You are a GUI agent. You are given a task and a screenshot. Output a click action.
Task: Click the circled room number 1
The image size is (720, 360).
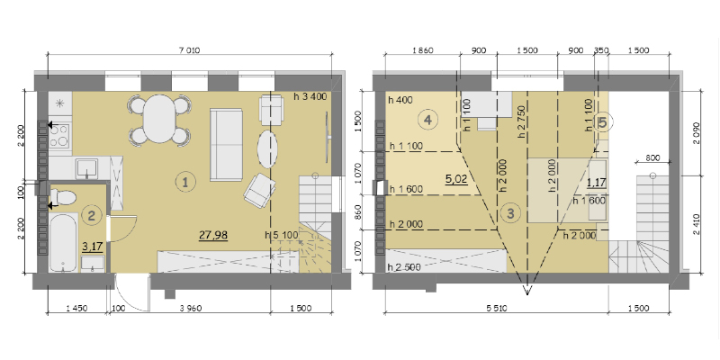(x=185, y=182)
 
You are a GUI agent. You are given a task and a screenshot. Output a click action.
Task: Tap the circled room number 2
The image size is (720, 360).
(x=92, y=215)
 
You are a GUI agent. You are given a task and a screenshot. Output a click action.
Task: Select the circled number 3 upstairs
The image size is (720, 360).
(x=510, y=212)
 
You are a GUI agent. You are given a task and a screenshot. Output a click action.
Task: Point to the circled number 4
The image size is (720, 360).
(x=427, y=121)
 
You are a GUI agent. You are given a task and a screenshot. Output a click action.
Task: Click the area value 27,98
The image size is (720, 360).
(x=213, y=235)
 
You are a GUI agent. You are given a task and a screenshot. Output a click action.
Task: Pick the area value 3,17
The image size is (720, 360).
(x=93, y=247)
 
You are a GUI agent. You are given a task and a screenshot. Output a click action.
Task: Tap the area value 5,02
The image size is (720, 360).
(x=456, y=178)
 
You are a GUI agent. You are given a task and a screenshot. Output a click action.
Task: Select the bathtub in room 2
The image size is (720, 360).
(x=62, y=242)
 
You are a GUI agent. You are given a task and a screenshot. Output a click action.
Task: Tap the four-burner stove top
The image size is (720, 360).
(x=59, y=136)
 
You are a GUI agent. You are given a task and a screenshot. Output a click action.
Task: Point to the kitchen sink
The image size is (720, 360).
(x=86, y=167)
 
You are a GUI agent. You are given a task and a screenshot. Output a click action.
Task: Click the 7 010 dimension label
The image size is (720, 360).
(x=190, y=50)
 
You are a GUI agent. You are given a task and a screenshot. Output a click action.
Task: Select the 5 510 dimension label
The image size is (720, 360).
(x=496, y=308)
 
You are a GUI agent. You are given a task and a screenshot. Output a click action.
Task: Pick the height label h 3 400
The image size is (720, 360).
(x=310, y=96)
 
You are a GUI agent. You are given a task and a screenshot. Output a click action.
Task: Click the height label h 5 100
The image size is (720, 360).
(x=282, y=235)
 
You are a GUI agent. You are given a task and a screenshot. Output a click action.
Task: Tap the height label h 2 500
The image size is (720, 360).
(x=404, y=267)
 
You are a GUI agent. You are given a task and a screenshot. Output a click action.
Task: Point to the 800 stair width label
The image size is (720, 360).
(x=652, y=158)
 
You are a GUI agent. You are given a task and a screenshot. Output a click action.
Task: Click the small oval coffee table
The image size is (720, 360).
(x=267, y=149)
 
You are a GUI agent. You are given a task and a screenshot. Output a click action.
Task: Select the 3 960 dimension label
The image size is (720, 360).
(x=191, y=308)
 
